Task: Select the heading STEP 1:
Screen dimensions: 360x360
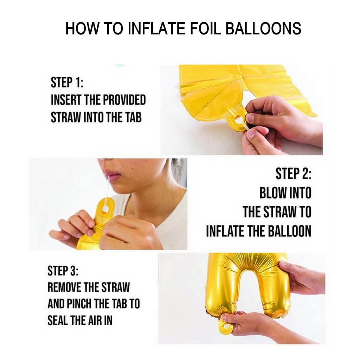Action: pos(67,83)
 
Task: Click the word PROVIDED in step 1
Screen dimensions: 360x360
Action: pos(124,100)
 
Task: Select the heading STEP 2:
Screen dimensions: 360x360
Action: pos(293,174)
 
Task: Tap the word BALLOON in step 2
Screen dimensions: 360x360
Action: pos(285,231)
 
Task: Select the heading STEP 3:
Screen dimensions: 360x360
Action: pos(63,271)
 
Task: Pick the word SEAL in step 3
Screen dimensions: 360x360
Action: pos(58,321)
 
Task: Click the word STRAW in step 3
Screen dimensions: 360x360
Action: pos(115,288)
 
